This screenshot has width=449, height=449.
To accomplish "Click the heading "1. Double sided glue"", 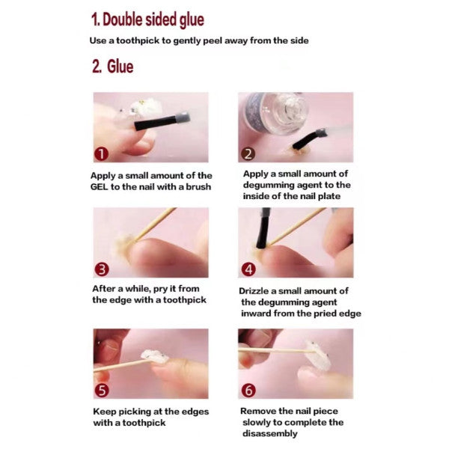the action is [x=147, y=19].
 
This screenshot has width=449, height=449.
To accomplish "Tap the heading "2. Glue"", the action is [x=112, y=67].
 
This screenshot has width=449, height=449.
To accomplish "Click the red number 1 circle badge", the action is [x=101, y=154].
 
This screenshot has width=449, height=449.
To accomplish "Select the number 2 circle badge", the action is [x=248, y=154].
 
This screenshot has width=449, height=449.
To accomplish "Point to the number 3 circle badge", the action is [x=102, y=269].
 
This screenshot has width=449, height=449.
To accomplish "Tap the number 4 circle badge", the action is [x=248, y=269].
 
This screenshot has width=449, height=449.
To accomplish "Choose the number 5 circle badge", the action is [x=102, y=391].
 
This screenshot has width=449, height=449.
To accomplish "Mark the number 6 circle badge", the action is [x=248, y=391].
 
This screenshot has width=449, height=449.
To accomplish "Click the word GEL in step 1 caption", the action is [x=99, y=187].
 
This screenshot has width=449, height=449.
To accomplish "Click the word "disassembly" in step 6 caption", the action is [x=269, y=434].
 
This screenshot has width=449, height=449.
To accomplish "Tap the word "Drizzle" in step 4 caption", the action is [x=254, y=291].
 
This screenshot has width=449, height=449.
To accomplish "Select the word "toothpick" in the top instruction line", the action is [x=138, y=40].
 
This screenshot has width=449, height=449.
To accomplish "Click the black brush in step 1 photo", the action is [x=162, y=121].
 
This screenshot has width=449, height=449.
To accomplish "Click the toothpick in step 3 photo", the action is [x=155, y=224].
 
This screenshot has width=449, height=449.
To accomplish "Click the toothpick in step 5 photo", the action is [x=123, y=366].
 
